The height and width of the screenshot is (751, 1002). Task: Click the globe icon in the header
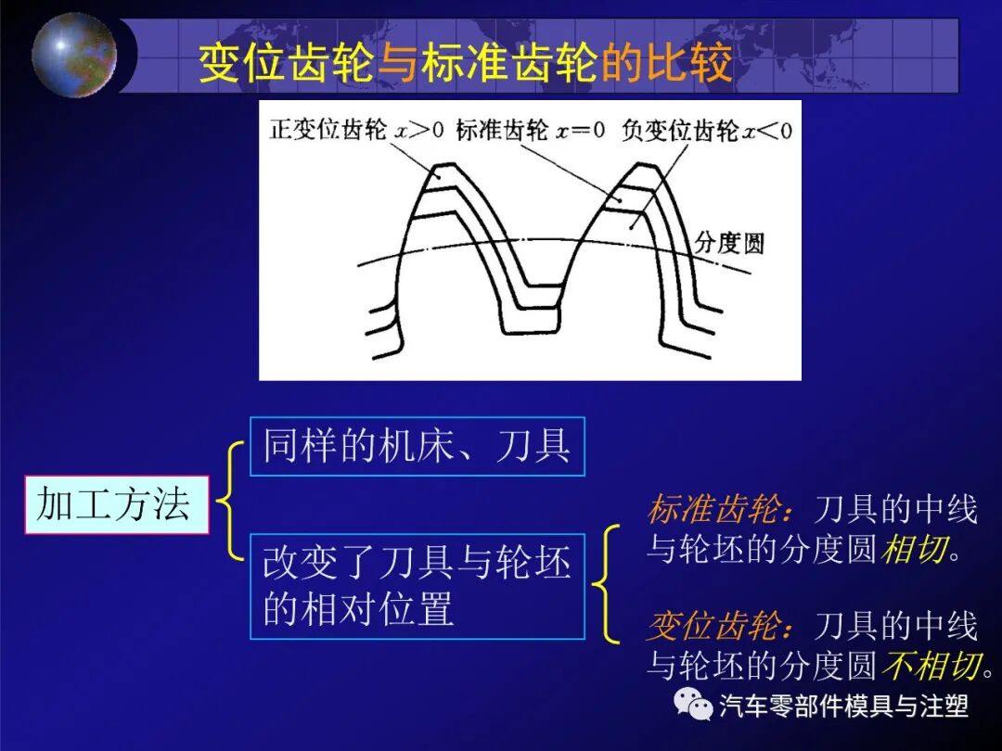pos(74,54)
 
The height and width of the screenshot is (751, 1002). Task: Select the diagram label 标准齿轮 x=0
pos(530,130)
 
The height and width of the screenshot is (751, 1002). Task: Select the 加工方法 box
pos(116,504)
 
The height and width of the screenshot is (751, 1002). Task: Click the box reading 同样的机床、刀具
pos(417,446)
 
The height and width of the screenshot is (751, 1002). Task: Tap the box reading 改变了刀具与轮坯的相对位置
pos(417,586)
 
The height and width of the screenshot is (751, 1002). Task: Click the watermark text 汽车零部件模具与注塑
pos(843,706)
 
